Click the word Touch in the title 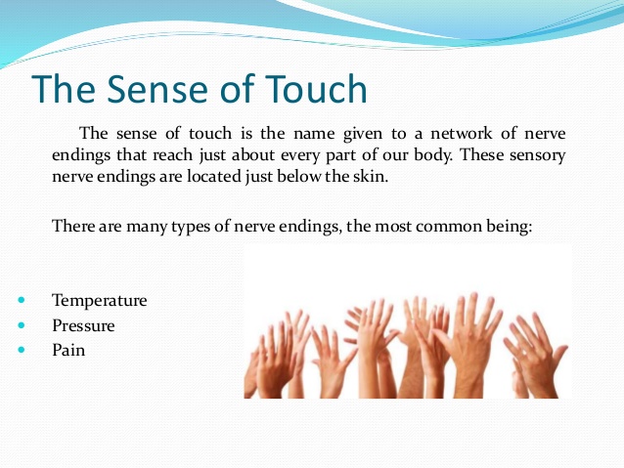tap(316, 89)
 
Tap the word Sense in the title tap(157, 89)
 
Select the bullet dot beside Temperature tap(22, 300)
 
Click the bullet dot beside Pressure tap(22, 325)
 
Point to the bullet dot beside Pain tap(22, 350)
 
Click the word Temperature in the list tap(100, 301)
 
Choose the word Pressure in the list tap(83, 325)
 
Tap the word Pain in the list tap(68, 350)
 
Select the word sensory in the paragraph tap(538, 155)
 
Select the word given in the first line tap(363, 134)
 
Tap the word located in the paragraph tap(214, 176)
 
